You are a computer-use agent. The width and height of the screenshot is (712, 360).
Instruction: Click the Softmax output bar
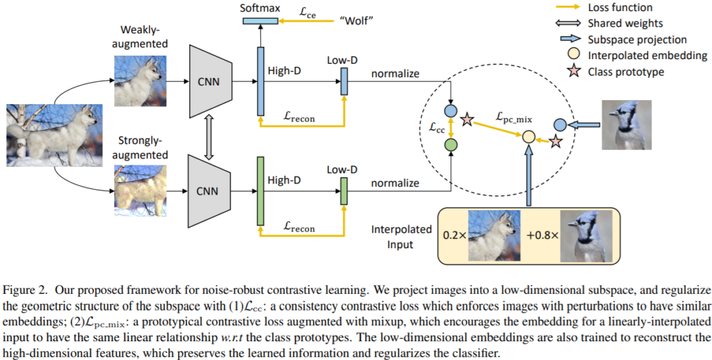tap(259, 22)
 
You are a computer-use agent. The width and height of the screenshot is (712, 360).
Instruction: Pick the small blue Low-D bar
tap(343, 84)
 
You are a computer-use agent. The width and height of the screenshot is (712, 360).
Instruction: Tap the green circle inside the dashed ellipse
tap(451, 145)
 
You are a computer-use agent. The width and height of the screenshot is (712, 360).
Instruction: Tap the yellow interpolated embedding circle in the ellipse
tap(528, 136)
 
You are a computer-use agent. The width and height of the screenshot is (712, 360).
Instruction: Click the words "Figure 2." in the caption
tap(26, 288)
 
